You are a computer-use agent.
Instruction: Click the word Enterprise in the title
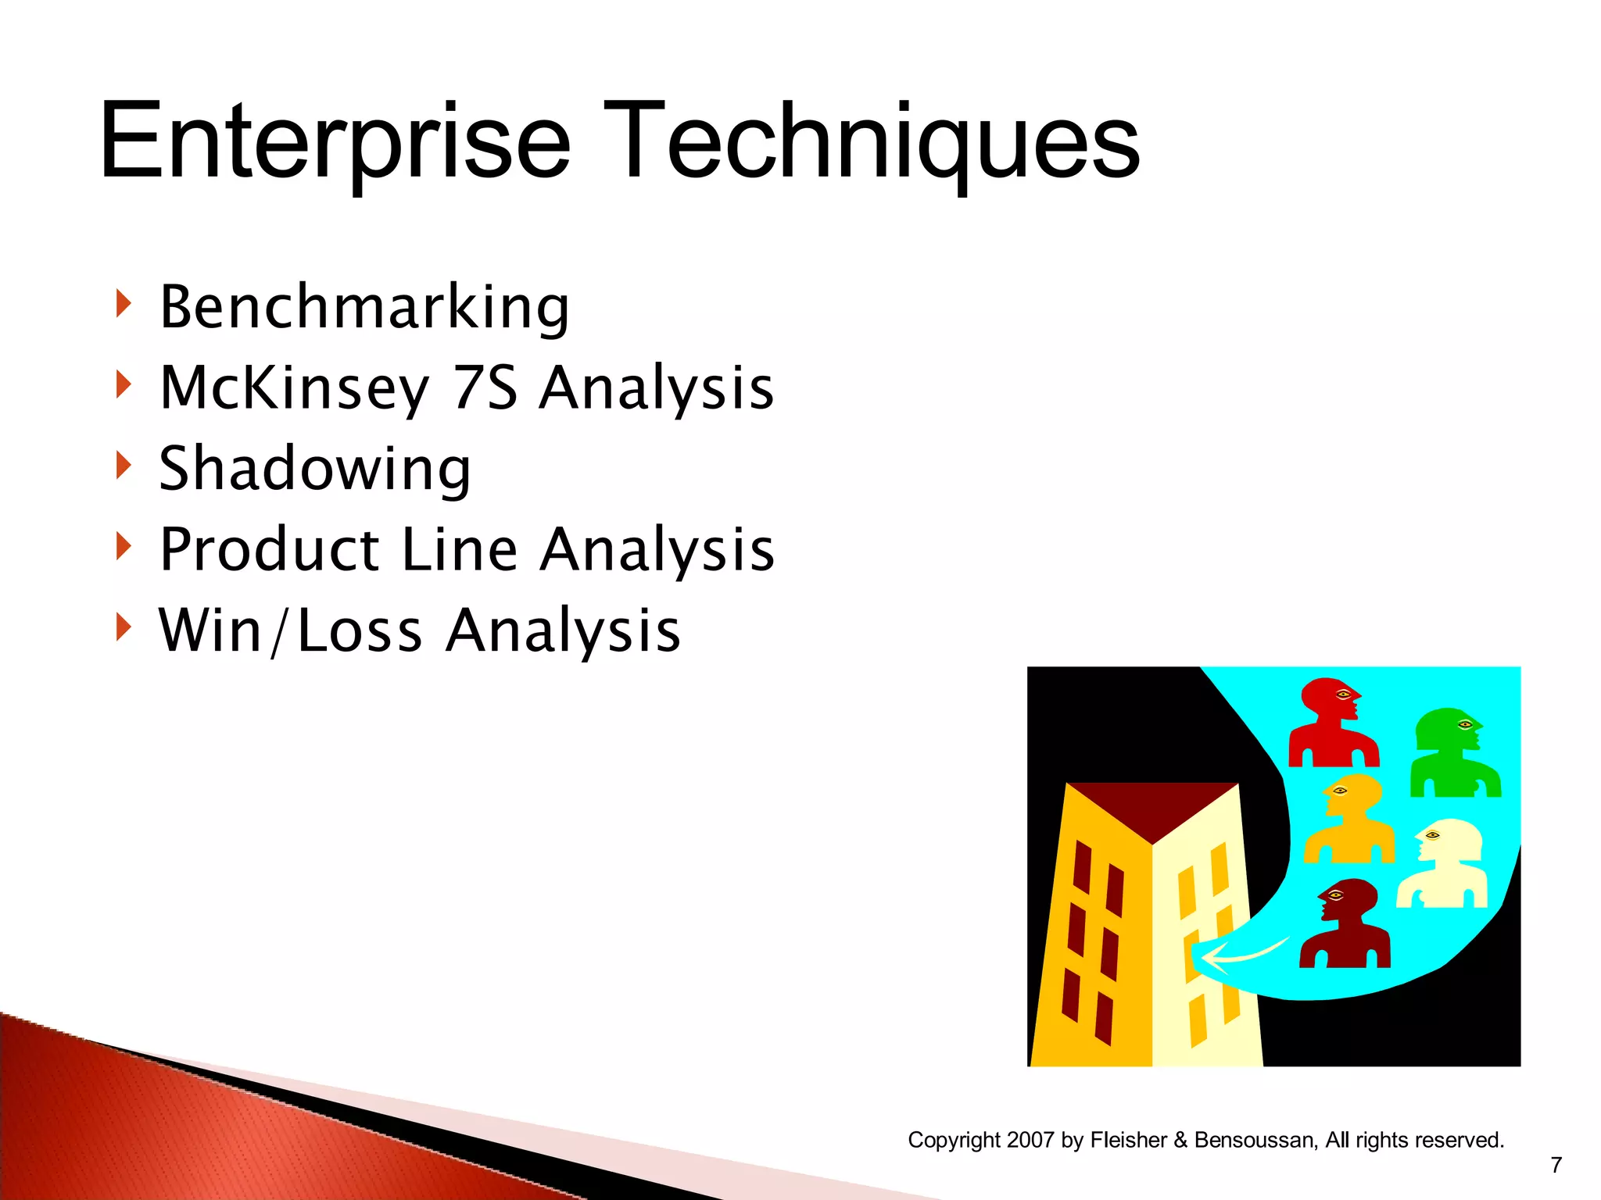pos(335,143)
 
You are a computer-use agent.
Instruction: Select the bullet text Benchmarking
pos(364,307)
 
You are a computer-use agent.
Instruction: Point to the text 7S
pos(485,388)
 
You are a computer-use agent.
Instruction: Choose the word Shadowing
pos(315,469)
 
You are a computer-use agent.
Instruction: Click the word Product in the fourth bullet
pos(269,549)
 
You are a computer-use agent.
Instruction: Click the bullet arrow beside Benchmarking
pos(123,303)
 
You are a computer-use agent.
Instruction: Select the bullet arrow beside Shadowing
pos(123,465)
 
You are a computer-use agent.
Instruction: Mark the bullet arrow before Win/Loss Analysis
pos(123,627)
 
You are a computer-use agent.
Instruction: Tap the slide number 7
pos(1556,1165)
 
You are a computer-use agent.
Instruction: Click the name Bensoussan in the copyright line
pos(1255,1140)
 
